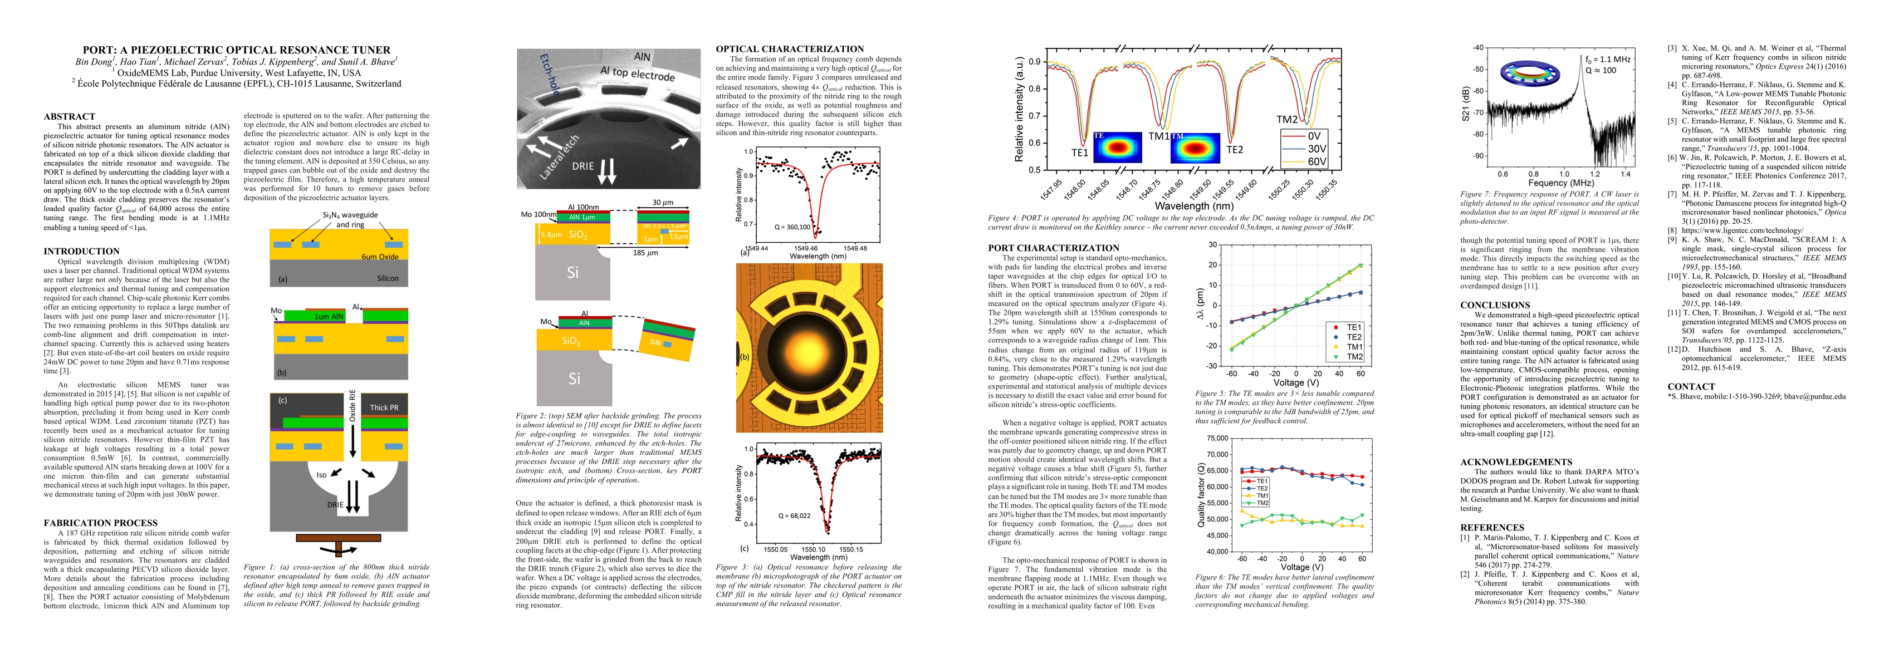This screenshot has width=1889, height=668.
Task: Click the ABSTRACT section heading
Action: (69, 116)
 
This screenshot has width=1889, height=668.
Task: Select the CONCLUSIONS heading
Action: (1495, 305)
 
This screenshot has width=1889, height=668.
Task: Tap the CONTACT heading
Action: (1691, 386)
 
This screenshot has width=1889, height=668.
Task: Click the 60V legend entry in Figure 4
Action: (1317, 161)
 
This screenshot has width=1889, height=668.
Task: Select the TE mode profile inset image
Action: (1117, 148)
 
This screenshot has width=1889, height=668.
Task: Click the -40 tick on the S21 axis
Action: (1479, 48)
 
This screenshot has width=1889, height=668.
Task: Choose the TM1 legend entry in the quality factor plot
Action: (1262, 495)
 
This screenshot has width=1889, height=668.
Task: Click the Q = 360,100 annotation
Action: (792, 227)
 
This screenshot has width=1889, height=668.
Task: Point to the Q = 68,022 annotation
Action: (794, 515)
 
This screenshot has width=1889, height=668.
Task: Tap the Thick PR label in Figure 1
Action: (384, 407)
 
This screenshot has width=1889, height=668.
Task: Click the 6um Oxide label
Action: (380, 257)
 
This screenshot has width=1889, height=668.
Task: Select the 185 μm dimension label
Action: (645, 253)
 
